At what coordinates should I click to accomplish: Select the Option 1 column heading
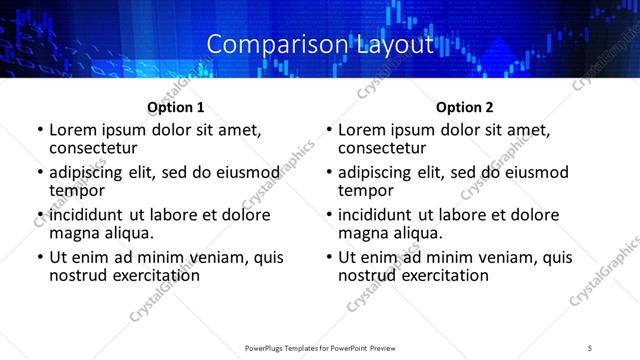(x=176, y=107)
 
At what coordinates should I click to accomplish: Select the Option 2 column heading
(x=465, y=107)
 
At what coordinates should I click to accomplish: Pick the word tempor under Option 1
(x=75, y=190)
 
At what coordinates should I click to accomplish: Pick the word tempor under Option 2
(x=364, y=190)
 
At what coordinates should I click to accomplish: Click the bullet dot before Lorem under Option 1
(x=39, y=130)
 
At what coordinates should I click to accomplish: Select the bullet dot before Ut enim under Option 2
(x=328, y=257)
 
